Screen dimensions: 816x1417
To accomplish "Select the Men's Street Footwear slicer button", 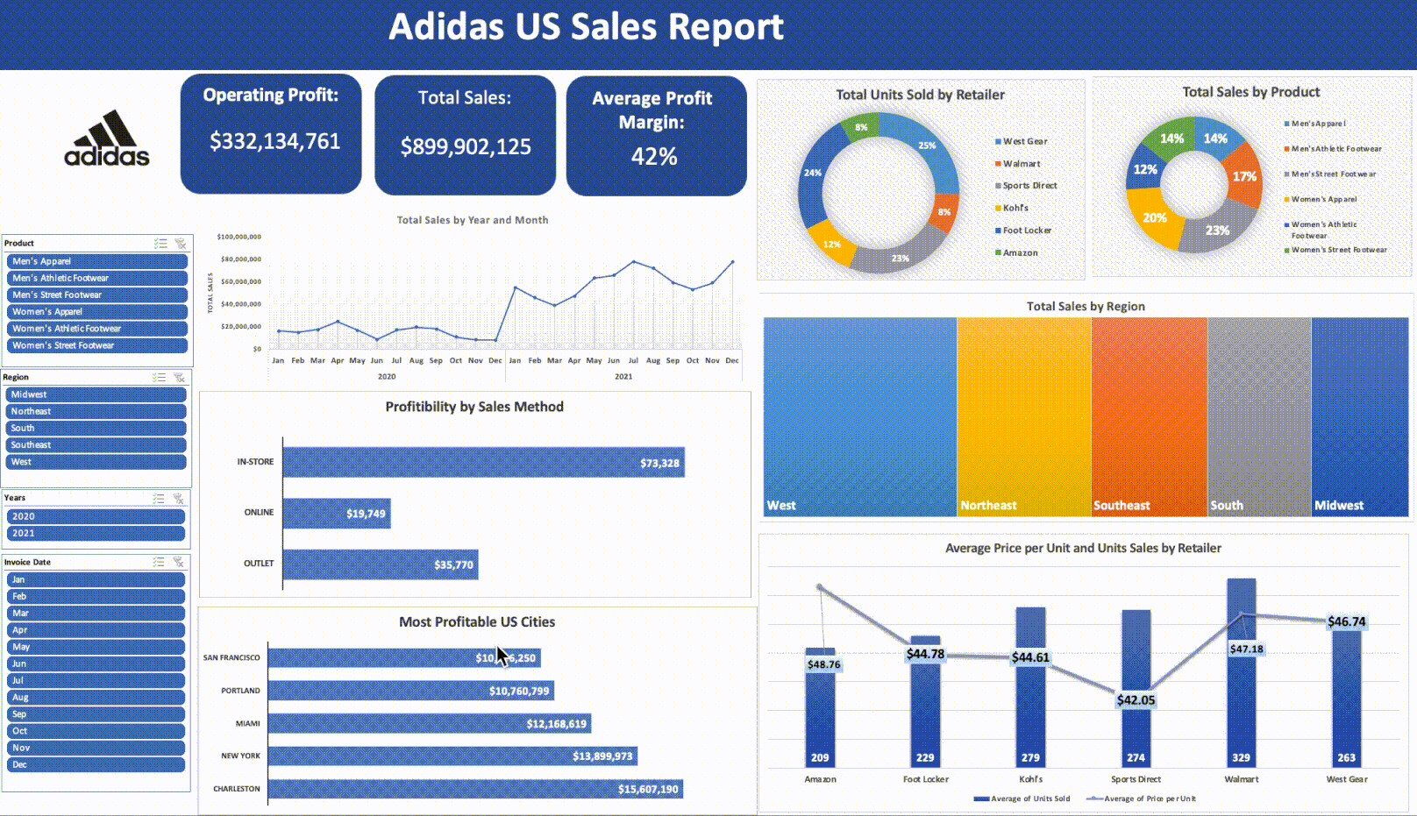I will tap(96, 295).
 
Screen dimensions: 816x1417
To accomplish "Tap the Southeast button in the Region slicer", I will tap(96, 445).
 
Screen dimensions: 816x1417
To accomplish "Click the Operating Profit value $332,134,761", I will tap(274, 141).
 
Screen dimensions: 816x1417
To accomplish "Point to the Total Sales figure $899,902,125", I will tap(466, 146).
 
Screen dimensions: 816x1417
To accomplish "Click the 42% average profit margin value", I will tap(654, 157).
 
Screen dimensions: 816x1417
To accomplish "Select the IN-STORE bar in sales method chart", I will tap(482, 463).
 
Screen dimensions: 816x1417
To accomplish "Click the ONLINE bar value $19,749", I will tap(366, 514).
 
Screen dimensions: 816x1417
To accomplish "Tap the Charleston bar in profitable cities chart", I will tap(474, 789).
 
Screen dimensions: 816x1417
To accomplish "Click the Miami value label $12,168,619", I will tap(556, 724).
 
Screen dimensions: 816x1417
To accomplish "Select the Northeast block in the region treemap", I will tap(1023, 416).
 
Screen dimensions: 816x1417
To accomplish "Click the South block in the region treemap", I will tap(1258, 416).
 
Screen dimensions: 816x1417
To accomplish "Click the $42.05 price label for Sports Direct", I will tap(1136, 700).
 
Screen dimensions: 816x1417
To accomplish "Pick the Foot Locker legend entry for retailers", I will tap(1027, 231).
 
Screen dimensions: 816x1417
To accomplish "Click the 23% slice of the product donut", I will tap(1217, 231).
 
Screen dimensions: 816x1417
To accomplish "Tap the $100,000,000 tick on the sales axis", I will tap(239, 237).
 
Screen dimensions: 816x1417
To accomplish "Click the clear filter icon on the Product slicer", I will tap(181, 244).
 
